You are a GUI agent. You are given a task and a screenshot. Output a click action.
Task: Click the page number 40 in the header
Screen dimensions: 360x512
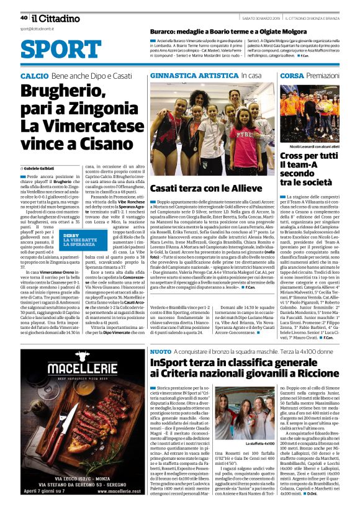click(x=23, y=17)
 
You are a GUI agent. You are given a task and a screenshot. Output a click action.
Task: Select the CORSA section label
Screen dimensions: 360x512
click(x=292, y=76)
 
